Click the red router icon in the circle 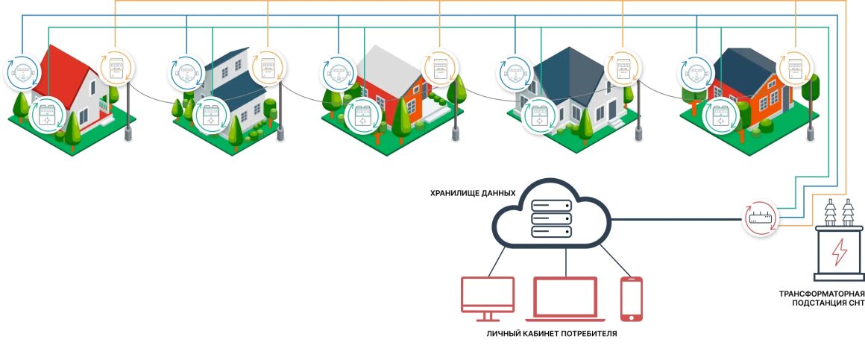(760, 219)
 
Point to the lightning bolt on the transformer (839, 251)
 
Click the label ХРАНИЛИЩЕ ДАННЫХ (472, 193)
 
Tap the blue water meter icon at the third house (339, 73)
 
